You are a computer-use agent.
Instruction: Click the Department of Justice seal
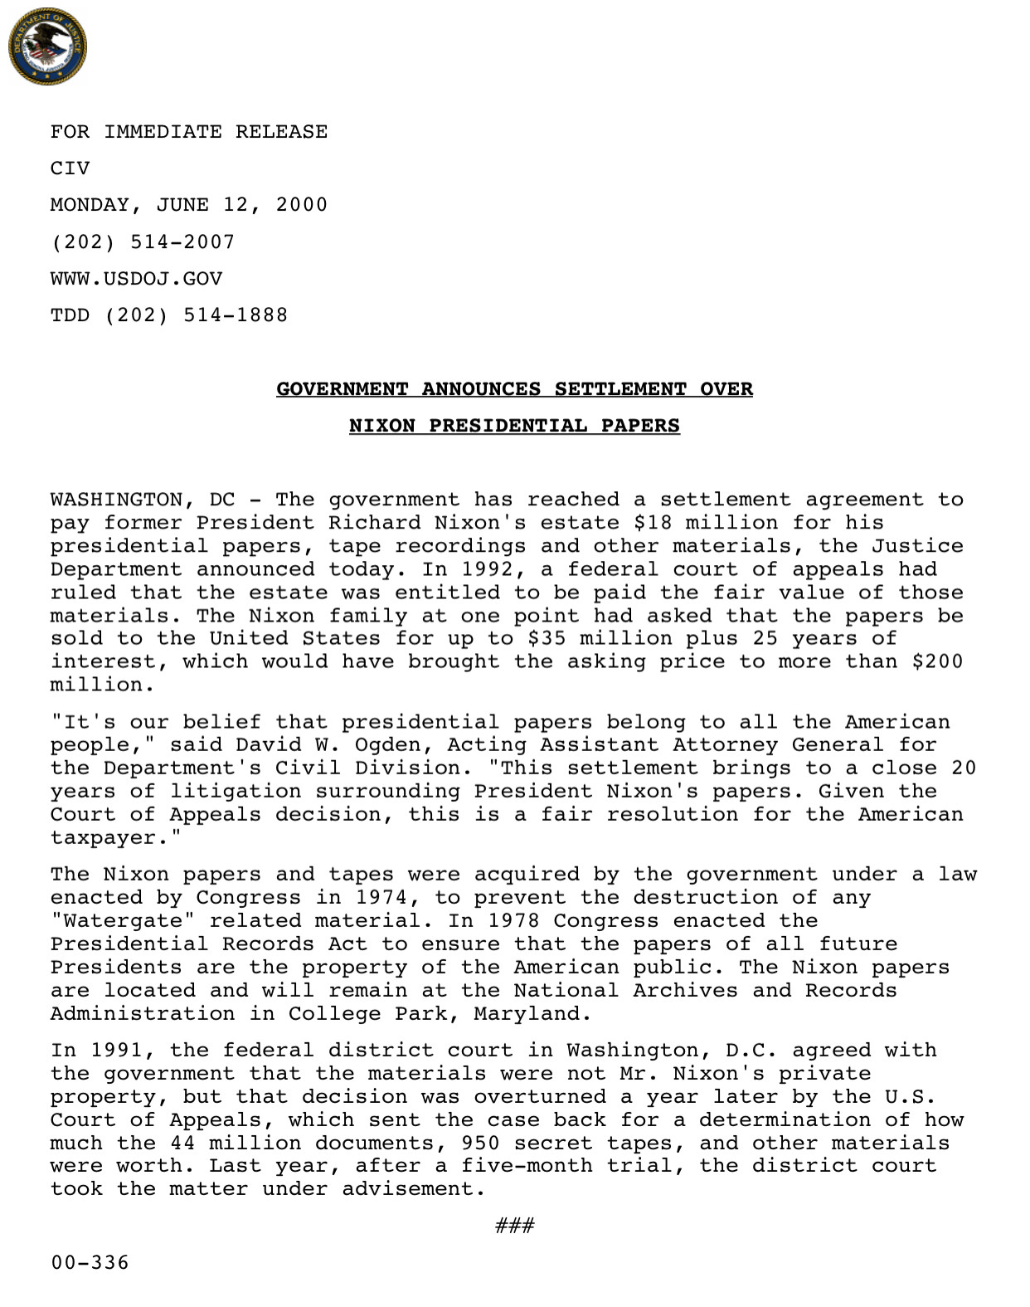[x=47, y=48]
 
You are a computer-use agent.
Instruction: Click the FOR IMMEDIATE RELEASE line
[x=189, y=132]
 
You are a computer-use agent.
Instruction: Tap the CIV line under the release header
[x=70, y=168]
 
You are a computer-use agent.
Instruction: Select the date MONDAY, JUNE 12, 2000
[x=189, y=205]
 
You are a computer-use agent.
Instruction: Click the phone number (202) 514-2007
[x=143, y=242]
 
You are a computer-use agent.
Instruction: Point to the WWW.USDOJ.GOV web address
[x=136, y=279]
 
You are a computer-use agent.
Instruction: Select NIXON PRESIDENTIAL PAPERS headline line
[x=514, y=426]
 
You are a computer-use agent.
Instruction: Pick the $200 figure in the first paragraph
[x=937, y=661]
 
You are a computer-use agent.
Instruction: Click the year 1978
[x=513, y=921]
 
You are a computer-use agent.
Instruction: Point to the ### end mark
[x=514, y=1226]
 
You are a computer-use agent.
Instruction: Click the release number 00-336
[x=90, y=1263]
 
